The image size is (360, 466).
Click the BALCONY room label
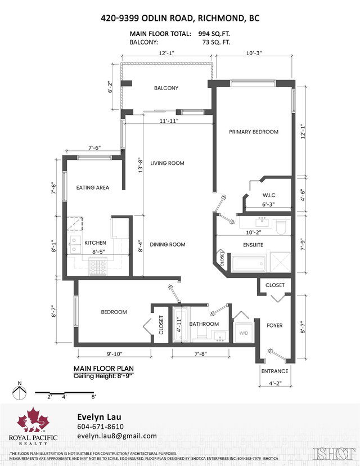coord(166,88)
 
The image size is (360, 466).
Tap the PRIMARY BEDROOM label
coord(254,132)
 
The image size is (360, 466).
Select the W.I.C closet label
coord(268,195)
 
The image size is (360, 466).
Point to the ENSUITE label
coord(253,245)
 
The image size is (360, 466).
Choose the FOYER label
coord(274,325)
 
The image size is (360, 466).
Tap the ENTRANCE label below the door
coord(274,371)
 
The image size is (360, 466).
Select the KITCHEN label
coord(95,243)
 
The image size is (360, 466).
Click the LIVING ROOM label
coord(167,163)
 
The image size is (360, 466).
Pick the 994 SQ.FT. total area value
coord(215,34)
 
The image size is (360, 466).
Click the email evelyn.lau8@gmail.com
coord(116,436)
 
